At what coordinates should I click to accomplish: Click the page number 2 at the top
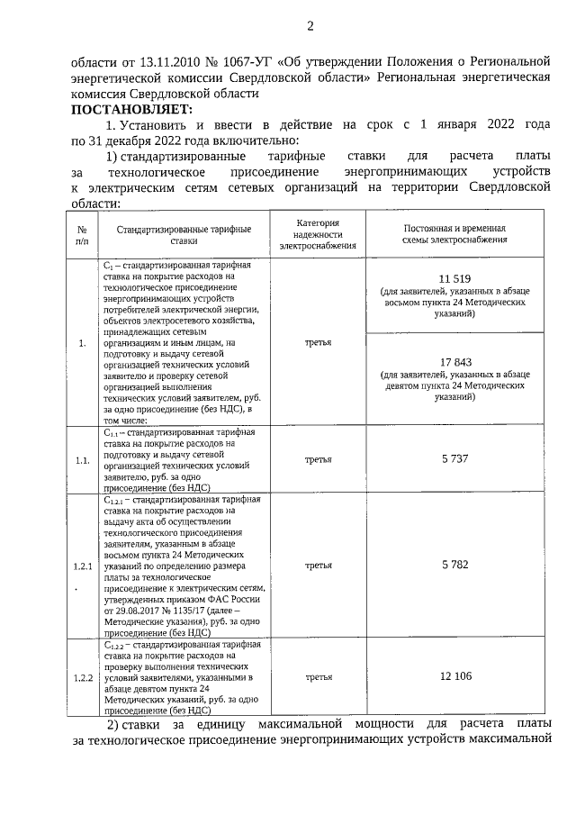[310, 26]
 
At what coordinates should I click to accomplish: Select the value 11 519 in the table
[455, 278]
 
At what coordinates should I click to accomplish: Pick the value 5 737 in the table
[455, 459]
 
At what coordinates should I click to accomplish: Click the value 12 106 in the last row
[455, 676]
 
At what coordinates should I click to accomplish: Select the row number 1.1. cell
[83, 460]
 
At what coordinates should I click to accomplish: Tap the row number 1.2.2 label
[83, 677]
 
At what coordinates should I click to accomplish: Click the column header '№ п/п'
[83, 235]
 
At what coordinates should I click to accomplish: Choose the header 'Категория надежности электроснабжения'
[318, 233]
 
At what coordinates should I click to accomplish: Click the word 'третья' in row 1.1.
[318, 459]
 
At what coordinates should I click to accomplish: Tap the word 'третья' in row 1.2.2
[318, 676]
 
